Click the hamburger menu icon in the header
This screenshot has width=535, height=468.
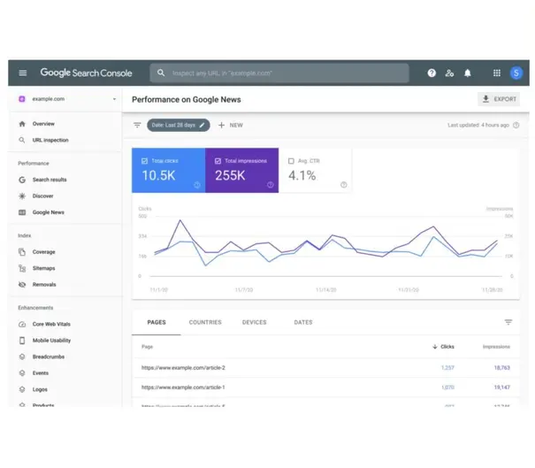23,73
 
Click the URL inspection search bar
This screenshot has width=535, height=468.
279,73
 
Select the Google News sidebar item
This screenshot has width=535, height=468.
48,212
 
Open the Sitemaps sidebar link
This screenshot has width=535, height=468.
44,268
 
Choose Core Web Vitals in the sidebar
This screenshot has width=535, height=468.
52,325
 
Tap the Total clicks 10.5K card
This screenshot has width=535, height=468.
168,170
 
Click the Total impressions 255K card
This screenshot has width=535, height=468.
241,170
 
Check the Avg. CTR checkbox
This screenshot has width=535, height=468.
291,160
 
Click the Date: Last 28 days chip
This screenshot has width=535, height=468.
178,125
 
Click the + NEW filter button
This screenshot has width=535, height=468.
230,125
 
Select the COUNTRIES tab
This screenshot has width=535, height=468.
205,322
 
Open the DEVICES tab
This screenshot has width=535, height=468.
254,322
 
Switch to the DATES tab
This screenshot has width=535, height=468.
302,322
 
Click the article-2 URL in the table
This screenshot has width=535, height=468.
183,367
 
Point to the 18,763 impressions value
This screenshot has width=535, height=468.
501,367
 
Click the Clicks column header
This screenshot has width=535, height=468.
443,347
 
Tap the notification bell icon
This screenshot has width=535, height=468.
468,73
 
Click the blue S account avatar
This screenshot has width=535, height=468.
516,73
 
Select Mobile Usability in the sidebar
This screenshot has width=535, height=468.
51,341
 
